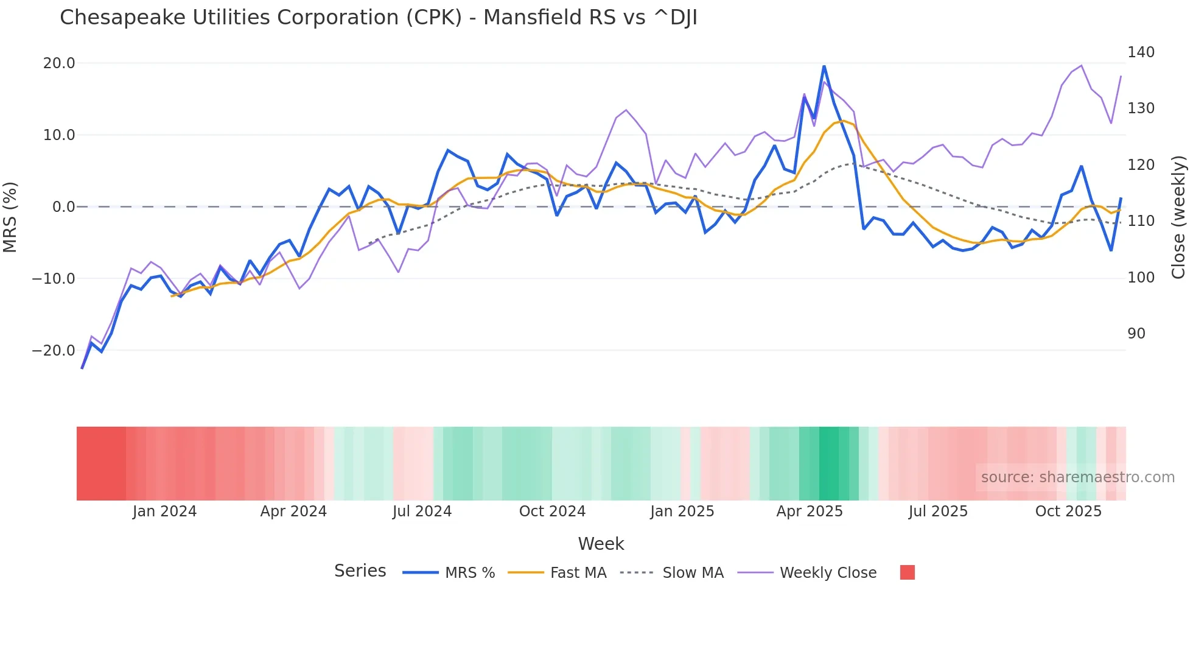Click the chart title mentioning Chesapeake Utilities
(378, 18)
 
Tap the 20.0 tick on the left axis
(59, 63)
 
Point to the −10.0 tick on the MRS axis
(54, 279)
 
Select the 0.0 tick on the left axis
(63, 207)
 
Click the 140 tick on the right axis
(1141, 52)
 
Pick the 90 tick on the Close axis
(1136, 334)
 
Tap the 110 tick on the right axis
(1141, 221)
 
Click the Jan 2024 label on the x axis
(164, 511)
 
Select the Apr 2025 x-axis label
(809, 511)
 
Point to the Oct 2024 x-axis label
(552, 511)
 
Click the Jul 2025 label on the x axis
(938, 511)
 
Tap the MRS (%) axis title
(10, 217)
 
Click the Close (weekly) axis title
(1179, 217)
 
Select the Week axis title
(601, 544)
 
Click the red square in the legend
(907, 573)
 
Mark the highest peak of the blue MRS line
(824, 66)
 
